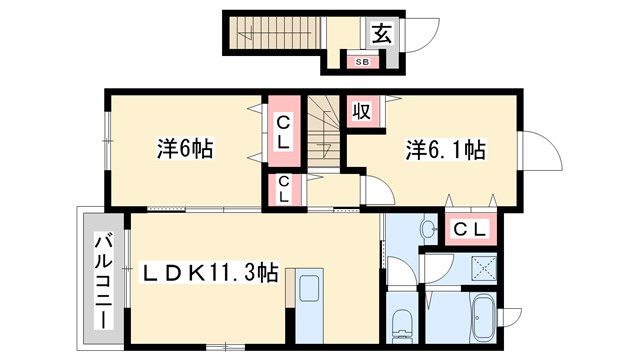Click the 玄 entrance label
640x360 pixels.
point(381,34)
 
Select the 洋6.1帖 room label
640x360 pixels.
point(445,151)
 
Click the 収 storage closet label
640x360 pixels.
point(360,111)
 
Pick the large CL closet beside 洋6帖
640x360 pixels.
point(283,132)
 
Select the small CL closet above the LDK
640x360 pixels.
point(284,187)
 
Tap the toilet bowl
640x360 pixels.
point(402,322)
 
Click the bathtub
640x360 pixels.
point(480,318)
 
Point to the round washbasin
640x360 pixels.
point(428,230)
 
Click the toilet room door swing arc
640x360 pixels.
point(397,271)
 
